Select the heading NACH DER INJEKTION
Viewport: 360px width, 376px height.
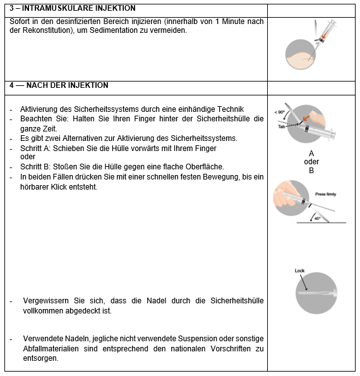pos(68,85)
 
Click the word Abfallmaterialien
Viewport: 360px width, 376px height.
pos(51,348)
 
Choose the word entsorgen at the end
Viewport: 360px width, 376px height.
pos(40,358)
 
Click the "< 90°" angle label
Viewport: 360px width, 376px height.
pos(279,112)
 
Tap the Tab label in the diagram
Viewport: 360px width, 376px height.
pos(282,126)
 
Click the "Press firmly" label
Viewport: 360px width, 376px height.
pos(326,194)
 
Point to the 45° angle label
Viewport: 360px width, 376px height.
pos(317,219)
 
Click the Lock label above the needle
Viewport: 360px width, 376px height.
pos(299,270)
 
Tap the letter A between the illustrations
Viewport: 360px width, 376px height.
pos(311,153)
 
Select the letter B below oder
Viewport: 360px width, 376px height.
pos(311,171)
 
